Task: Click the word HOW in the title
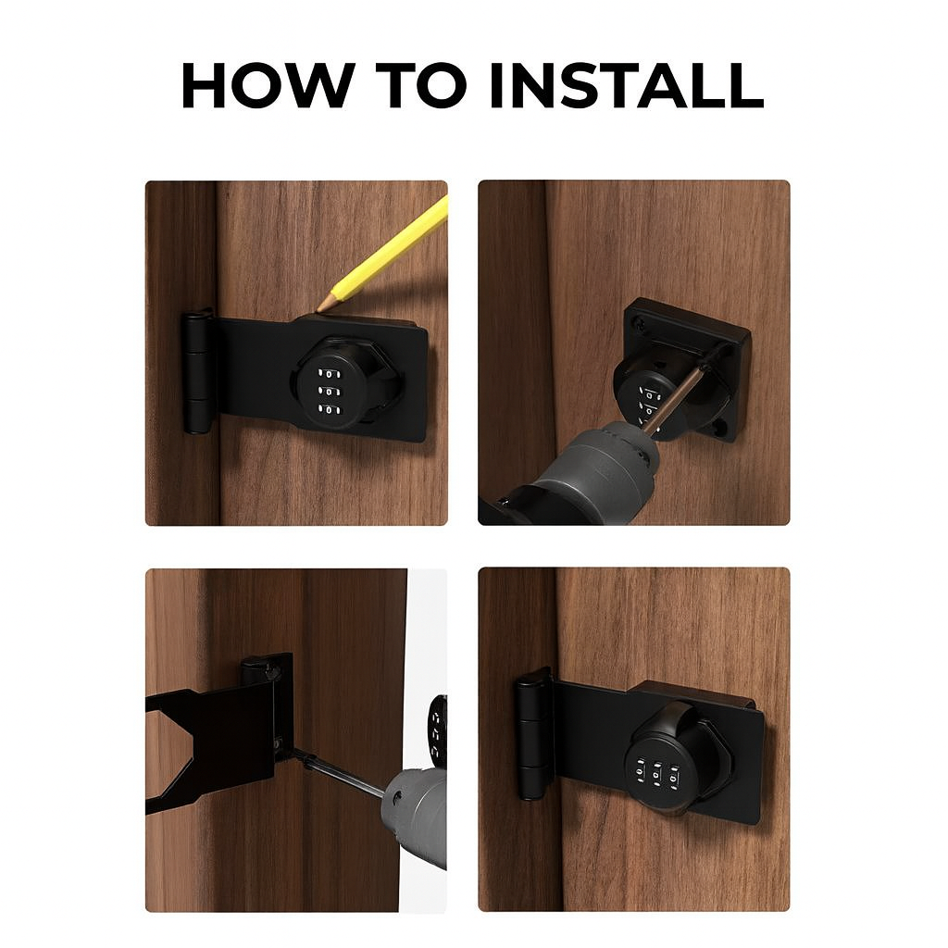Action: click(x=267, y=85)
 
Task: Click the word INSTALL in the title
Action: click(x=626, y=85)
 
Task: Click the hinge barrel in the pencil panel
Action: click(x=196, y=371)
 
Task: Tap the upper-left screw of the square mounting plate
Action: click(x=637, y=324)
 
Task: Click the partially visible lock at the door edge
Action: click(x=437, y=731)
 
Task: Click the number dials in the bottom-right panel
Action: click(x=658, y=770)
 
